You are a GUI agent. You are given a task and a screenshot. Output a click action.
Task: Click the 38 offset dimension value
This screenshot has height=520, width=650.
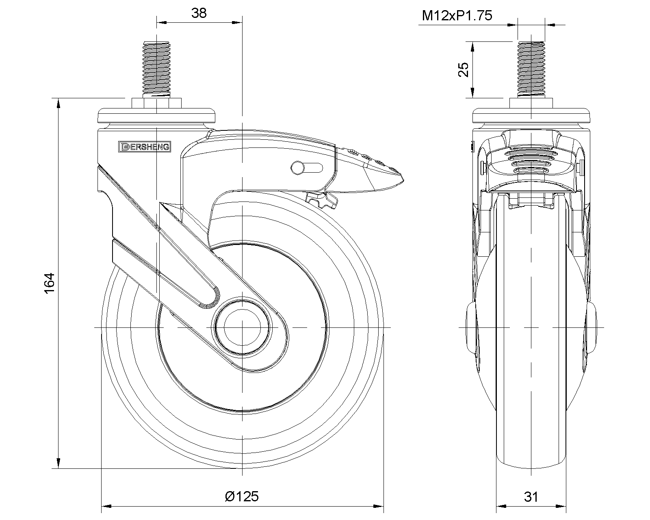(x=199, y=13)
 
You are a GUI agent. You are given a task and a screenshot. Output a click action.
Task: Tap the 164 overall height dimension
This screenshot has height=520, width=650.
(x=50, y=283)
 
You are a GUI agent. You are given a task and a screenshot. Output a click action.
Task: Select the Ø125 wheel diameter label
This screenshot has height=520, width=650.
(x=242, y=496)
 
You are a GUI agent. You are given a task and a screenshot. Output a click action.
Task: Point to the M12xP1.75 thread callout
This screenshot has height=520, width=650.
(x=457, y=15)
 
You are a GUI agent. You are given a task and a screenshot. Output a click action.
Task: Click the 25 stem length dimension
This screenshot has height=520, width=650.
(x=464, y=70)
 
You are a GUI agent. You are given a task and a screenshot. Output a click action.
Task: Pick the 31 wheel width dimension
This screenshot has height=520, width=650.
(x=531, y=497)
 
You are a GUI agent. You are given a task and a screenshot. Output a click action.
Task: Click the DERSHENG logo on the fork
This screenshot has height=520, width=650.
(x=145, y=147)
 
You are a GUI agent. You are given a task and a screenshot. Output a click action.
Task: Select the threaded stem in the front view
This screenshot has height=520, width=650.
(x=531, y=69)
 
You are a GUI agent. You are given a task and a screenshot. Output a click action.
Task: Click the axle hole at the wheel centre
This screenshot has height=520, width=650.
(x=242, y=327)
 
